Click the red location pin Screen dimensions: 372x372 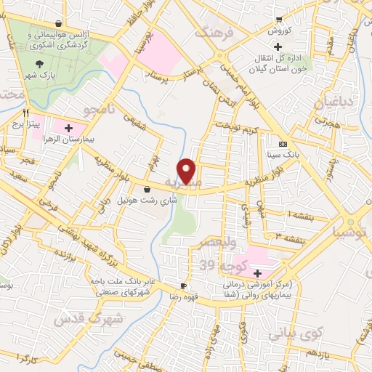click(187, 170)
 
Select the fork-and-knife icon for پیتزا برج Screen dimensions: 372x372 click(26, 113)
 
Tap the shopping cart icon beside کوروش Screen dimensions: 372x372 click(279, 20)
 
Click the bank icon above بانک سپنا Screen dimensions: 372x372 click(283, 144)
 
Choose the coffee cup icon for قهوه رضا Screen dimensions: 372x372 click(184, 286)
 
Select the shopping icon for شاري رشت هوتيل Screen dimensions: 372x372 click(148, 189)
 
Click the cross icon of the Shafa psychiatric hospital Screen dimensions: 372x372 click(259, 274)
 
